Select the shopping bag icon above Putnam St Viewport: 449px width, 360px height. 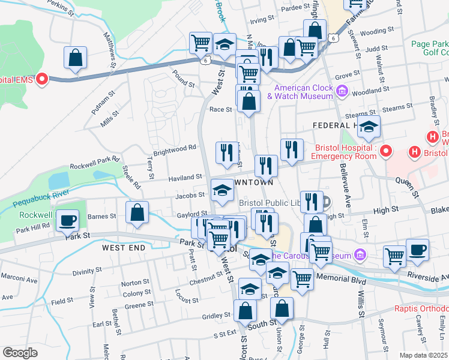pos(76,59)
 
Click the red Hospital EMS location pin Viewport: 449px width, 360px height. pos(42,79)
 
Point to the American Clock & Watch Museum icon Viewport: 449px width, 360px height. pos(343,92)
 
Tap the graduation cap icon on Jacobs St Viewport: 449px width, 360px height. pos(222,192)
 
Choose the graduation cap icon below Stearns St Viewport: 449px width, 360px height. pos(369,126)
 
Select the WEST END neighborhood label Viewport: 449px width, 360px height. pos(124,247)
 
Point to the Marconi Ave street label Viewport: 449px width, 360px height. pos(19,280)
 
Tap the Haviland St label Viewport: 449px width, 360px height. pos(184,178)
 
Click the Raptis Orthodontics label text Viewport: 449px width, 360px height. pos(421,309)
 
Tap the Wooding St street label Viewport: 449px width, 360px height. pos(376,29)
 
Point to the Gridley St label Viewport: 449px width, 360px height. pos(217,315)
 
